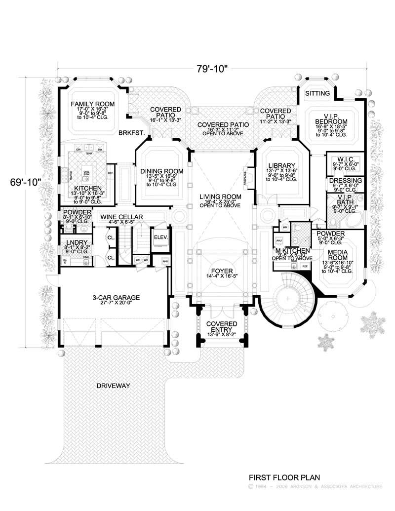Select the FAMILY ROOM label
[92, 104]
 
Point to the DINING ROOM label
[161, 171]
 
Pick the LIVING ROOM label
[220, 197]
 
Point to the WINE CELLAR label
[121, 217]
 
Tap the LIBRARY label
[281, 165]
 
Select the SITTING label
[317, 93]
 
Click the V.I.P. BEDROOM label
[332, 118]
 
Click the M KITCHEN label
[293, 251]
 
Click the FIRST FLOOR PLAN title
[284, 477]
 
